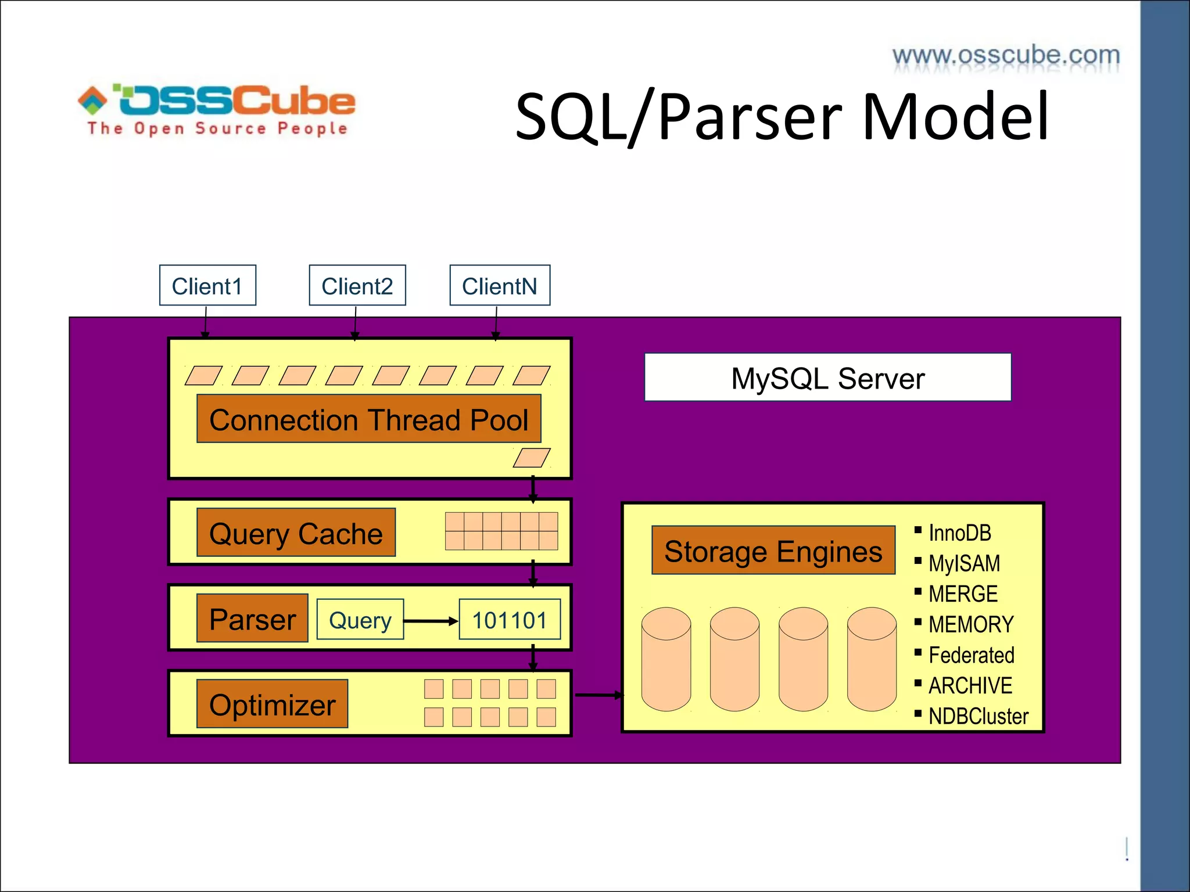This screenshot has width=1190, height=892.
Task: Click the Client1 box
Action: [x=207, y=285]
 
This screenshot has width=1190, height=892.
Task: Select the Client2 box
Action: [x=357, y=285]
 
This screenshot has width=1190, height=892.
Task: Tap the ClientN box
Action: [x=500, y=285]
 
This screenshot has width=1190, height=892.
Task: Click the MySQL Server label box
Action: [x=827, y=377]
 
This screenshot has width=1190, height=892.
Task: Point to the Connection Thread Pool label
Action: [x=368, y=419]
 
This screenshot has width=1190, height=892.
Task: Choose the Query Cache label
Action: [x=296, y=533]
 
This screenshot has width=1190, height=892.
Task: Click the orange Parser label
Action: [x=252, y=618]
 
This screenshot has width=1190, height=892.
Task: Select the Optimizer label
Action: [x=272, y=704]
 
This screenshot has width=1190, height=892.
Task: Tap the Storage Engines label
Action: [x=773, y=551]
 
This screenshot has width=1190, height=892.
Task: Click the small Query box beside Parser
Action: [x=360, y=620]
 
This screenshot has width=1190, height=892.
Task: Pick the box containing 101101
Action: [x=510, y=620]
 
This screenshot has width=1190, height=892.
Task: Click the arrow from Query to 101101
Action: [x=431, y=621]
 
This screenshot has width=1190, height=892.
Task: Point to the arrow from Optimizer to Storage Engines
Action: [x=598, y=695]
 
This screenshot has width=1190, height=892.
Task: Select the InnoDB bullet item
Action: [x=959, y=533]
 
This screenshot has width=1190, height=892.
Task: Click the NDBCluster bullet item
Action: [x=978, y=716]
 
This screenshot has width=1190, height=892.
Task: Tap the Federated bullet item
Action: [x=971, y=655]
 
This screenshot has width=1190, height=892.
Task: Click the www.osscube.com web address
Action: [x=1006, y=56]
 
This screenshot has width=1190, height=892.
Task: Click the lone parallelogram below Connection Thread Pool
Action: [x=532, y=458]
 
